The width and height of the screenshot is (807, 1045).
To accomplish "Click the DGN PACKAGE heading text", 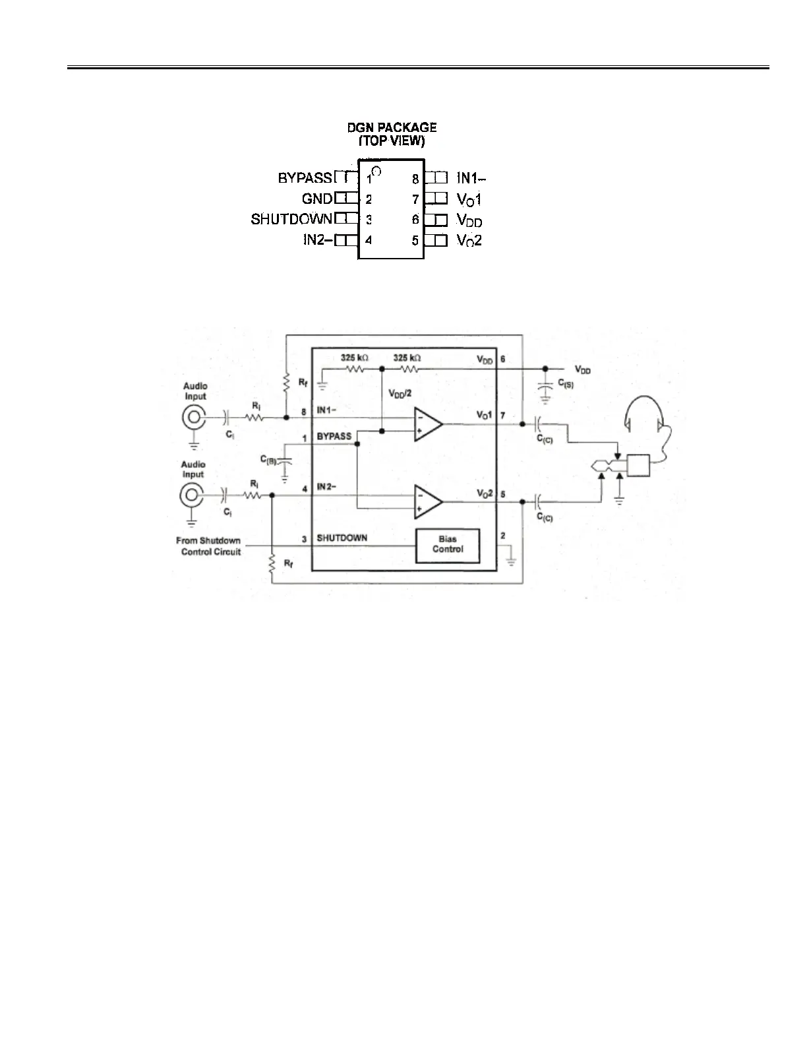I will click(392, 127).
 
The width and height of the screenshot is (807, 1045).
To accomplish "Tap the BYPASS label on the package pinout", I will click(305, 178).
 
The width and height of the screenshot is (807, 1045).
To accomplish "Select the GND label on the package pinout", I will click(317, 199).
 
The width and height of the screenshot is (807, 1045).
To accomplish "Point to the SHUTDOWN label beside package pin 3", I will click(291, 219).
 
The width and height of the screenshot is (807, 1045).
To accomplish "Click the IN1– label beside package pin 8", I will click(471, 178).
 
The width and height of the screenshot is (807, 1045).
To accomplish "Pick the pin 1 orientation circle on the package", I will click(376, 172).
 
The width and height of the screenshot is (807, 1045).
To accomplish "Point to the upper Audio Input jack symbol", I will click(194, 417).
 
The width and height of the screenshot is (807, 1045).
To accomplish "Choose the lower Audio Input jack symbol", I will click(191, 495).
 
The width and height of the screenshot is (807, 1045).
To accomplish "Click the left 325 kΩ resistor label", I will click(355, 358).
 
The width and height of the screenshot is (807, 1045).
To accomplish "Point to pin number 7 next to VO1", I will click(503, 415).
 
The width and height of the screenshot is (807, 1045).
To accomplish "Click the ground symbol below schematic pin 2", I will click(510, 562).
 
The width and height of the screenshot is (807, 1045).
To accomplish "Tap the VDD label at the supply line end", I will click(583, 370).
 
